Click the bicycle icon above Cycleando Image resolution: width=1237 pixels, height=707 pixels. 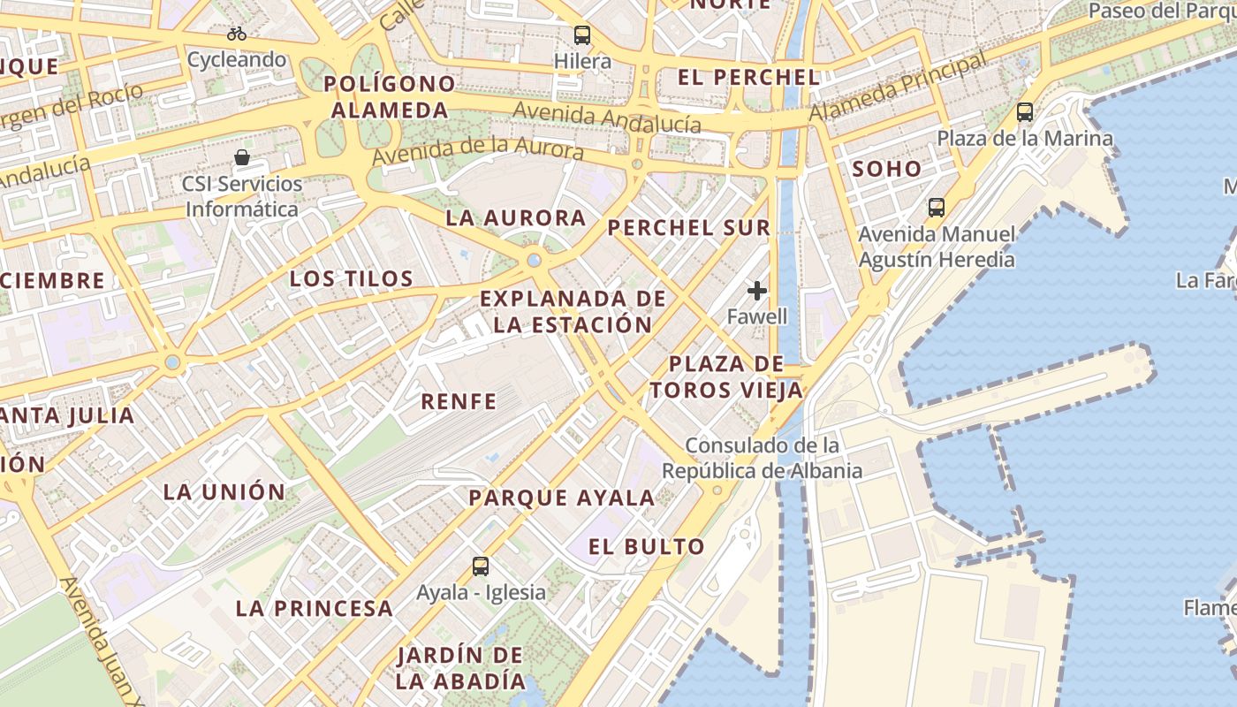point(237,34)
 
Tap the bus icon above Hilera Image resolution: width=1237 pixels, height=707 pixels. point(582,35)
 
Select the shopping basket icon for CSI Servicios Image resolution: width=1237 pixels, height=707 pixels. point(242,158)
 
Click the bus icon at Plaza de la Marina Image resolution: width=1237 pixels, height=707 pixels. point(1025,112)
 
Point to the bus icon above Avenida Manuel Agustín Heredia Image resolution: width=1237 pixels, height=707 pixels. point(937,208)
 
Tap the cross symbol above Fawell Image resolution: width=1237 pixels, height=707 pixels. point(757,290)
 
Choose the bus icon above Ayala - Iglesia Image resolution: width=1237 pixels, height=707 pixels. point(481,566)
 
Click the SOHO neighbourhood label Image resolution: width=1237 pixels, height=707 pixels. point(886,169)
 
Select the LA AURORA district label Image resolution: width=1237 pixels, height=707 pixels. point(516,217)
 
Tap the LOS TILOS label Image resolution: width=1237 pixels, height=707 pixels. point(352,279)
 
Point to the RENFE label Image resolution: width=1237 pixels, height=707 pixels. point(459,402)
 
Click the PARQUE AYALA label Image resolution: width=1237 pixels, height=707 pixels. point(562,498)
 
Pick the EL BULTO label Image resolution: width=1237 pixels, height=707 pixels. point(648,546)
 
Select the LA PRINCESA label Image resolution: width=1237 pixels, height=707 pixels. point(314,608)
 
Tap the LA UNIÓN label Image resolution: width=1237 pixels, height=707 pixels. point(224,492)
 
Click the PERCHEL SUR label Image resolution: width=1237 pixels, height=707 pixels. point(689,227)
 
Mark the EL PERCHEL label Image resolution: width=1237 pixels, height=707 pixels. point(748,77)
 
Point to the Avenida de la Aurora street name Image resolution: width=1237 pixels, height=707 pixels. point(478,141)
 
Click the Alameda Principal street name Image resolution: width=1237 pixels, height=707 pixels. point(898,87)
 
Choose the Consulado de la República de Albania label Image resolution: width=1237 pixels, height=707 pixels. point(762,458)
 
